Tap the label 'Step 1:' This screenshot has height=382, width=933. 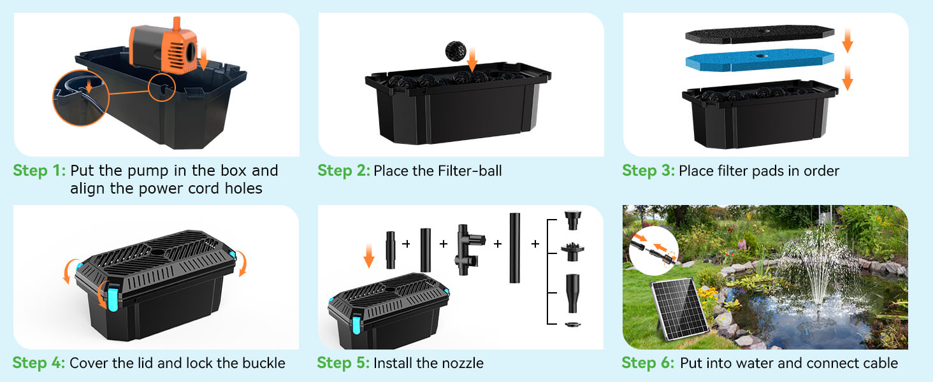pos(39,171)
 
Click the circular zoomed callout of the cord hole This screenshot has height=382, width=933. pos(80,99)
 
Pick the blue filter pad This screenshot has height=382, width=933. pos(759,60)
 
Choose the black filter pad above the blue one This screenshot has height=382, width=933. pos(759,34)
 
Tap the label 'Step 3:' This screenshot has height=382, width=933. pos(647,171)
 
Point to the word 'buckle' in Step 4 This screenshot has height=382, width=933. pos(263,364)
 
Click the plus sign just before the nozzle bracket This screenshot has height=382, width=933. pos(536,244)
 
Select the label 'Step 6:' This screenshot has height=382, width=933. pos(647,364)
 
